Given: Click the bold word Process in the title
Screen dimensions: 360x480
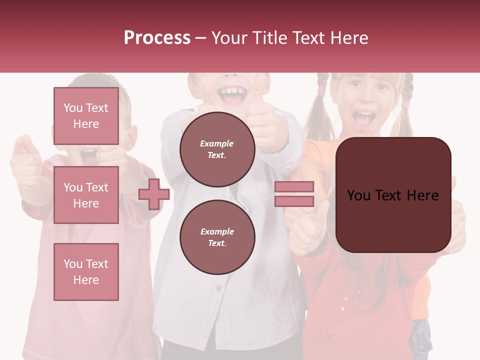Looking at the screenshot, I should coord(157,37).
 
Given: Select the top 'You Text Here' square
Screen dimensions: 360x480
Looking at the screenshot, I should coord(86,116).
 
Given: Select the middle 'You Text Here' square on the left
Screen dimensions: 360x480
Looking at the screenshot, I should coord(86,195).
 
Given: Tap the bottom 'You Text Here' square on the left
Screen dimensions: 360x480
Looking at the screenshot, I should coord(86,271).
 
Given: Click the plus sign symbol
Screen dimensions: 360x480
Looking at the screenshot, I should coord(154,194).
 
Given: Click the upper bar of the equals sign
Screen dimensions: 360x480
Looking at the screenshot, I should coord(294,187).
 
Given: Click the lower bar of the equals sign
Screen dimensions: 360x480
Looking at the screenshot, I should coord(294,201).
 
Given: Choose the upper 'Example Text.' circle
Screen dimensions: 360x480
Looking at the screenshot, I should coord(217,149).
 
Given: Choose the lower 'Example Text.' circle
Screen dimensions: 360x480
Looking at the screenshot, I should coord(217,237).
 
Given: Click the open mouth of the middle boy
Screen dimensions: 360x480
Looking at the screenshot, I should coord(233,95).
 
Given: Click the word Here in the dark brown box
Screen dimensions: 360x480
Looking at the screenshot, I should coord(422,195).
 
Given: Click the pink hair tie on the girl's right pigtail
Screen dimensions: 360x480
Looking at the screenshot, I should coord(405,104).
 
